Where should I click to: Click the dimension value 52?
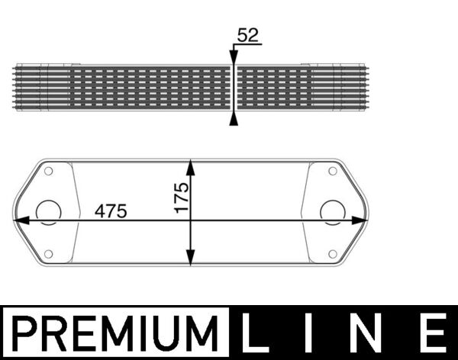pyautogui.click(x=247, y=35)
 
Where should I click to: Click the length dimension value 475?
pyautogui.click(x=111, y=211)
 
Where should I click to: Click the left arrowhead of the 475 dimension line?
pyautogui.click(x=21, y=220)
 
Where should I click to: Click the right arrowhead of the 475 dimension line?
pyautogui.click(x=361, y=220)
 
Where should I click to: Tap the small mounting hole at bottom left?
pyautogui.click(x=47, y=254)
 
